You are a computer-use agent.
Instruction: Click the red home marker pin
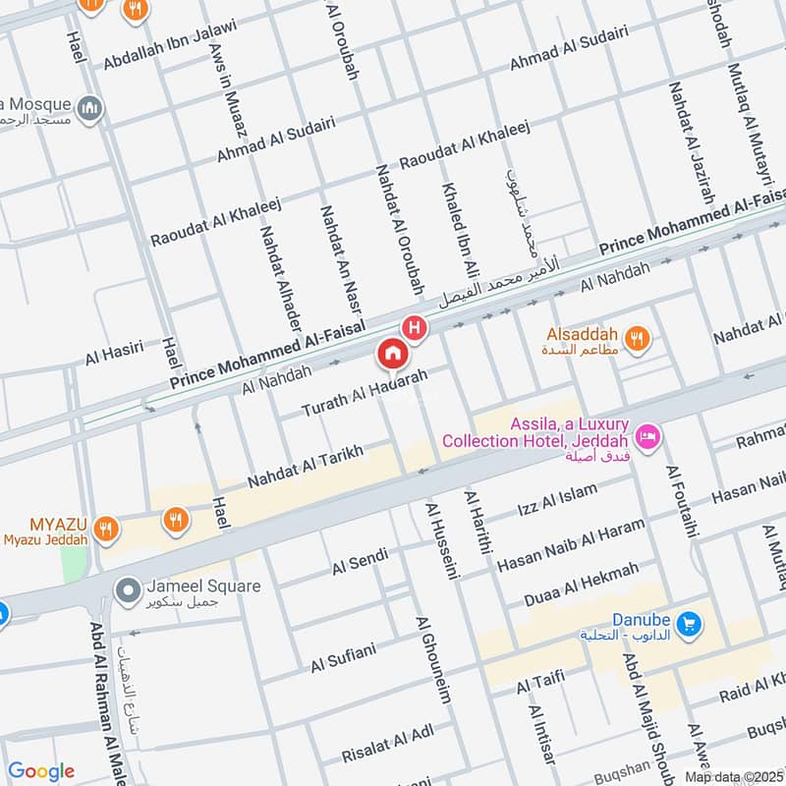pyautogui.click(x=391, y=352)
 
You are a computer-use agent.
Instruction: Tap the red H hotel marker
pyautogui.click(x=417, y=327)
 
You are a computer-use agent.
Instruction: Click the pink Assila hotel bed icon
pyautogui.click(x=647, y=434)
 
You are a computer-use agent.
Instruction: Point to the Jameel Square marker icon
pyautogui.click(x=126, y=590)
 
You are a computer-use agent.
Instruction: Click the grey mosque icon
pyautogui.click(x=90, y=106)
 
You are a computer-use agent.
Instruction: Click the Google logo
pyautogui.click(x=40, y=771)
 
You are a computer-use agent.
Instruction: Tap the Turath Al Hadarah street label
pyautogui.click(x=365, y=392)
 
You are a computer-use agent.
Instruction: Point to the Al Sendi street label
pyautogui.click(x=360, y=562)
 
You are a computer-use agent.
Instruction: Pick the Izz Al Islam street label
pyautogui.click(x=556, y=501)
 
